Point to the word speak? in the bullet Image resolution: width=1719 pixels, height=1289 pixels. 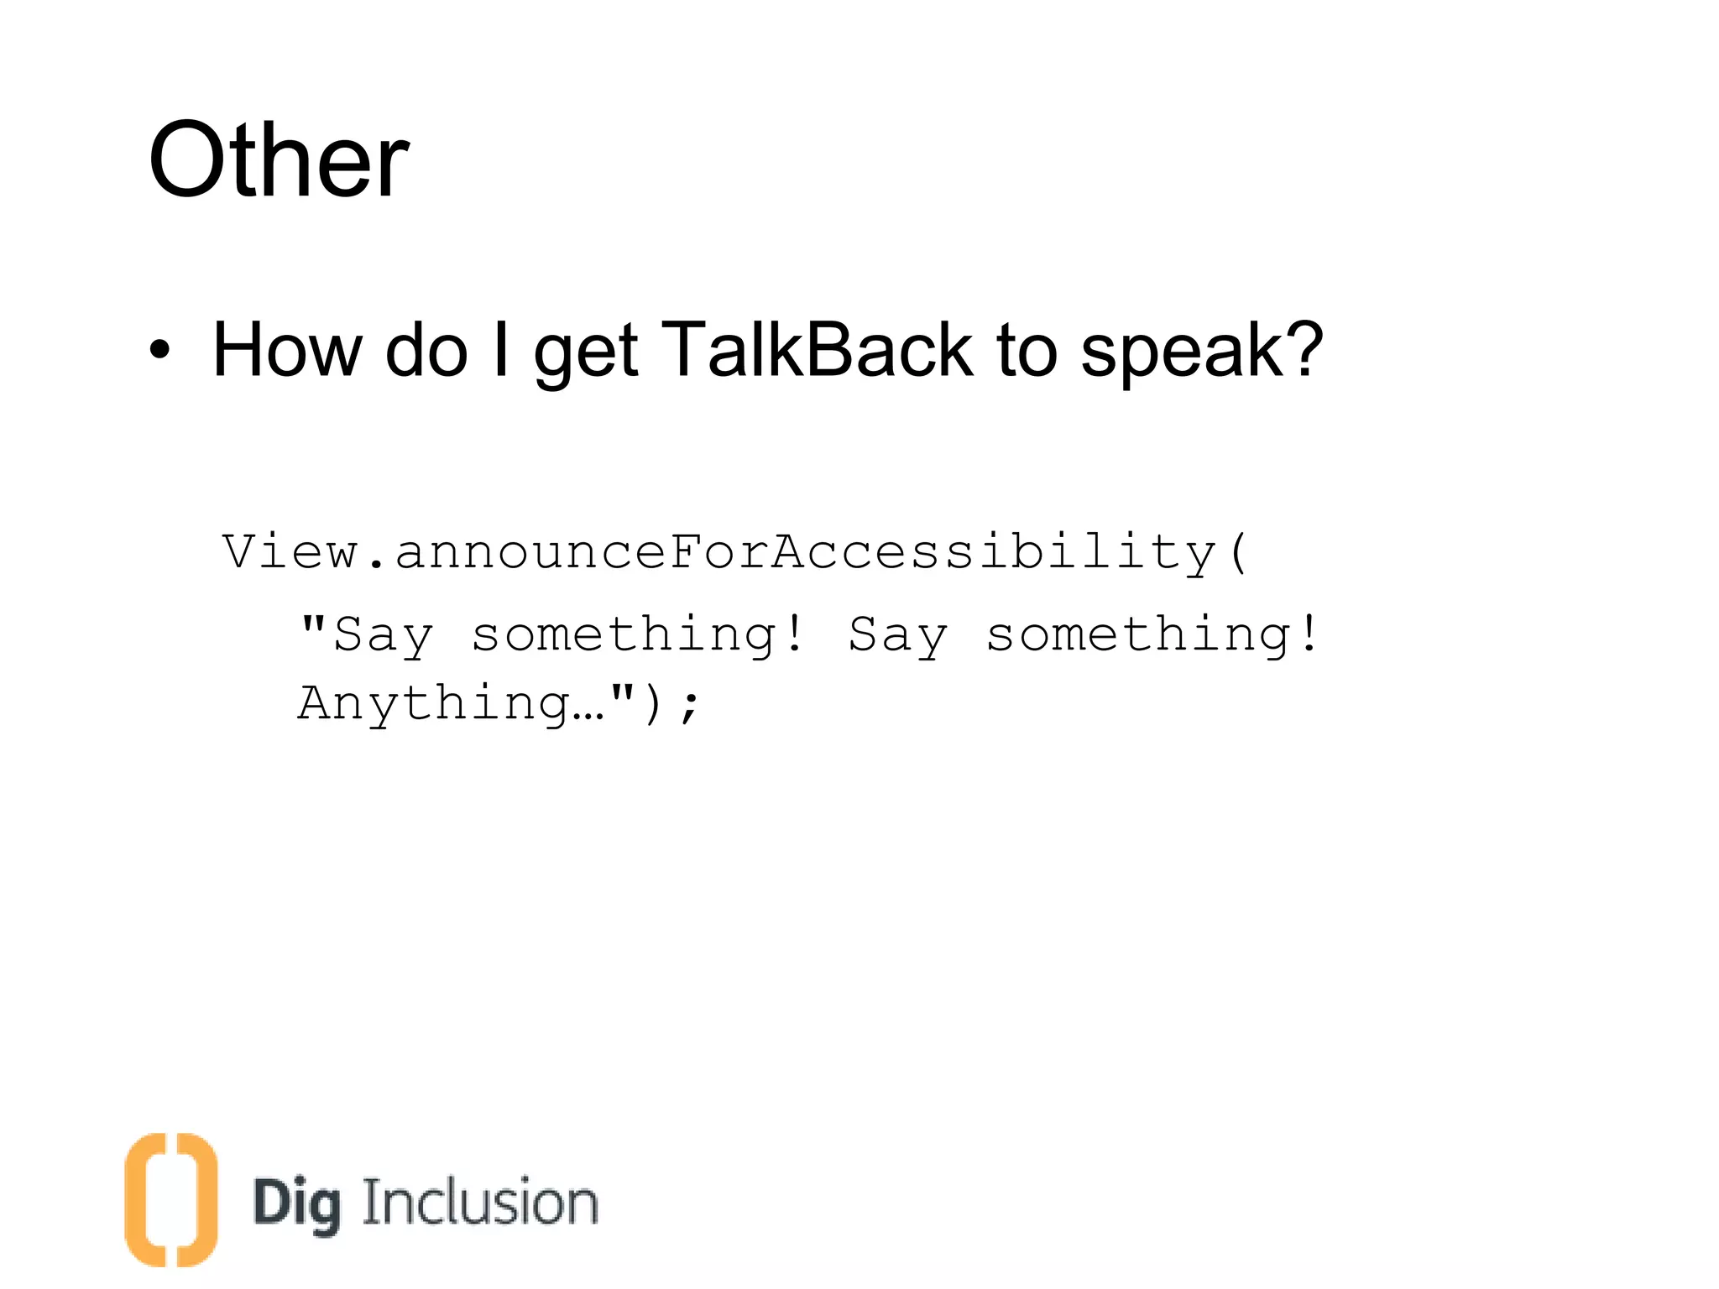(1201, 352)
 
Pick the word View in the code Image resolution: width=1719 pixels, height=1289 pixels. (290, 552)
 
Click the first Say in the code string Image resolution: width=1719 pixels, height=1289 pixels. (384, 635)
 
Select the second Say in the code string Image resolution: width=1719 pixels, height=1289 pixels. (897, 635)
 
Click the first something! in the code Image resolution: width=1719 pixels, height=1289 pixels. (638, 635)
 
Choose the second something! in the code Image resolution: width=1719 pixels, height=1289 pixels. (1152, 635)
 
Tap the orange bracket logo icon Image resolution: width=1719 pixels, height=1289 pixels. (171, 1199)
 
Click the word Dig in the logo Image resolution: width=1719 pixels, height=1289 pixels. (297, 1203)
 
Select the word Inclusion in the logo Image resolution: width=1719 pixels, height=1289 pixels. (480, 1202)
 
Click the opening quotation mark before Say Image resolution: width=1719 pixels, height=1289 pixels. (313, 624)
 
